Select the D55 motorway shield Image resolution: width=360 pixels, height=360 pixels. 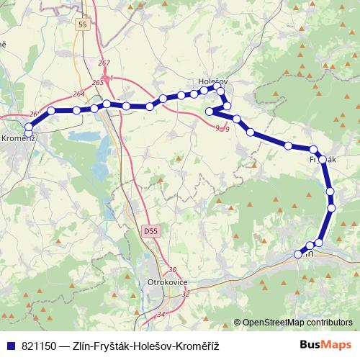150,232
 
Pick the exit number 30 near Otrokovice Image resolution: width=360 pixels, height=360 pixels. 171,270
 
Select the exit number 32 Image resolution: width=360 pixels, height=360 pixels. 186,294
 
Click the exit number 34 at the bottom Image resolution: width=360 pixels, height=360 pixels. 161,315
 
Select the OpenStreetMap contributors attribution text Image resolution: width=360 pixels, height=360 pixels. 297,323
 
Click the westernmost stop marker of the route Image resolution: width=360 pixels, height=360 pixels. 28,132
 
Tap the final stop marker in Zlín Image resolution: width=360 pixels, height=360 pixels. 298,253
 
